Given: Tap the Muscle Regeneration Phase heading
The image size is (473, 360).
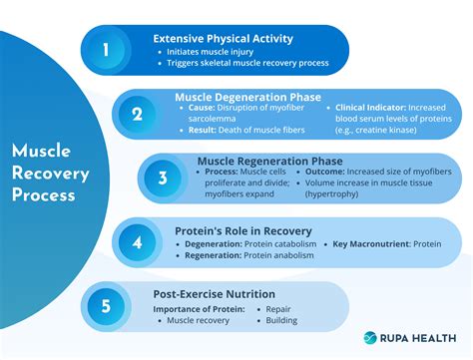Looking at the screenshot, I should click(269, 161).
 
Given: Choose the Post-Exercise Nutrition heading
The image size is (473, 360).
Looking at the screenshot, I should click(215, 294).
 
